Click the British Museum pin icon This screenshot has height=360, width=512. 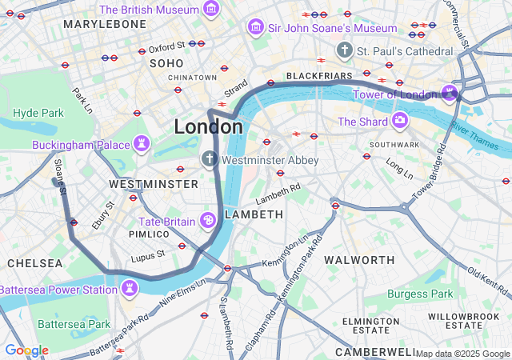click(211, 9)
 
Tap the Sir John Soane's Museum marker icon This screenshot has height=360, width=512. click(256, 28)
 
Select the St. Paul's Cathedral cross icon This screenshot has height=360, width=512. click(345, 50)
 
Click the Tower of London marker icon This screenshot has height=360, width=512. click(449, 92)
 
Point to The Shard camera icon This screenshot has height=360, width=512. click(399, 121)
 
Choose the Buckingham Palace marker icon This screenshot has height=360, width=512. click(142, 145)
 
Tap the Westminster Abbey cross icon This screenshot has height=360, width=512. click(210, 159)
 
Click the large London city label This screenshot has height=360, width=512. click(208, 126)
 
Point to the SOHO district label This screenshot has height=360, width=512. click(166, 62)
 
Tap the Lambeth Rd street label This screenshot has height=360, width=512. click(278, 192)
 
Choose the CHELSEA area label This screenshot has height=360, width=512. click(34, 262)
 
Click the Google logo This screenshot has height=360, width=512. click(26, 350)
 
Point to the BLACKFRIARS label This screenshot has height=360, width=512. click(319, 75)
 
